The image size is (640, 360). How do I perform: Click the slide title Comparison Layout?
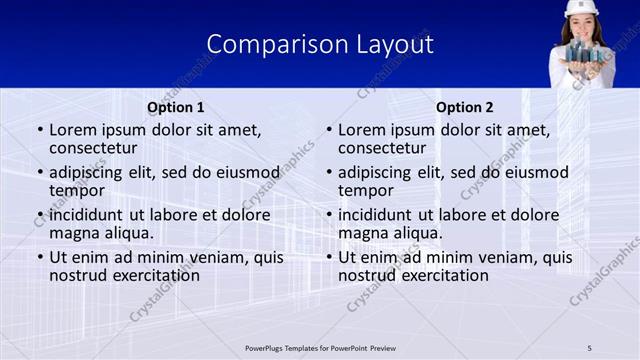coord(320,44)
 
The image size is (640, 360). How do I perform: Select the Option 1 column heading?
coord(175,107)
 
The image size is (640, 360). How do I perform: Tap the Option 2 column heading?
coord(465,107)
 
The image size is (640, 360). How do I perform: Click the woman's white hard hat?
coord(580,8)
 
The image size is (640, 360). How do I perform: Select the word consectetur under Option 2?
coord(384,148)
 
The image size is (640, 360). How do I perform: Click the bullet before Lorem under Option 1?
coord(40,130)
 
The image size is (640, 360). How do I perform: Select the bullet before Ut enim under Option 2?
coord(329,257)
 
